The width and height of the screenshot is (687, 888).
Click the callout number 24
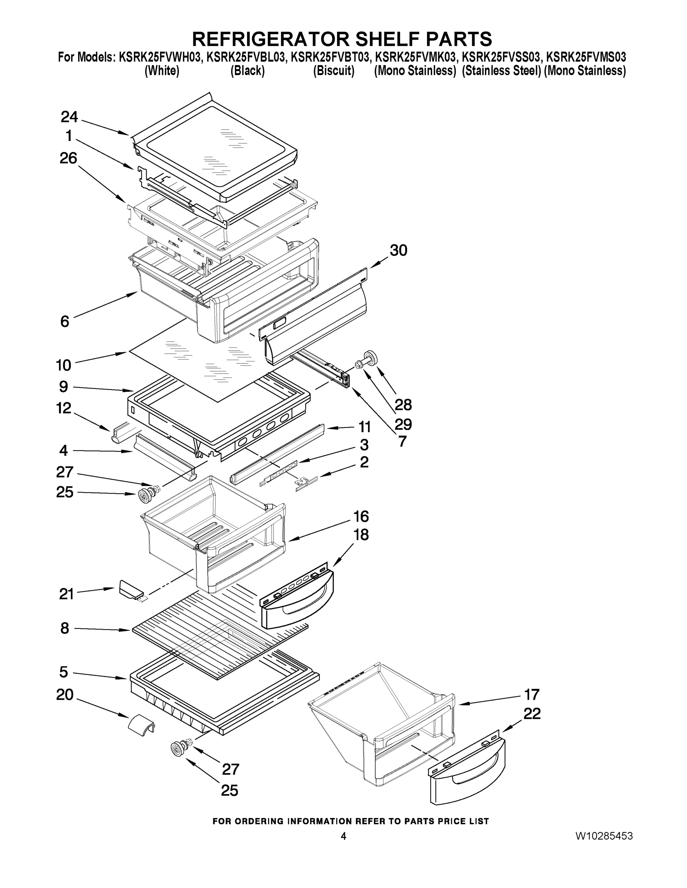point(69,117)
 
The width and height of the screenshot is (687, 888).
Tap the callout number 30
point(398,250)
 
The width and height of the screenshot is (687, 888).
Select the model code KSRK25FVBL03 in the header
point(246,57)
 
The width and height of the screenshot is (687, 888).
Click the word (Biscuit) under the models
point(333,71)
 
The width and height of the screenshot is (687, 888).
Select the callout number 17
point(531,694)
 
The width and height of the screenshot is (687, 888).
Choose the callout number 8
point(65,628)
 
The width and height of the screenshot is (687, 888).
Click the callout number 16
point(361,517)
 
